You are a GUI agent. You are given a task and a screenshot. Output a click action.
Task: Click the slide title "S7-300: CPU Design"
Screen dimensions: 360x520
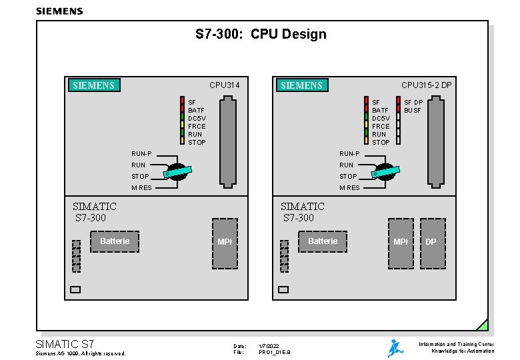coord(261,34)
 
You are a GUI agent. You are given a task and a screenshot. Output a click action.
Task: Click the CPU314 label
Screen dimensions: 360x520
coord(224,85)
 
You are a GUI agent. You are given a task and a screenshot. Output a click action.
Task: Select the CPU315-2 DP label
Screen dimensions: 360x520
coord(426,85)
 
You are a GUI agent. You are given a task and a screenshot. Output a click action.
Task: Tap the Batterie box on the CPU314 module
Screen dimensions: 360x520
coord(115,241)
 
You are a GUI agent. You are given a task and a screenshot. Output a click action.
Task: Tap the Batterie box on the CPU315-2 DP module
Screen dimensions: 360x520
coord(323,241)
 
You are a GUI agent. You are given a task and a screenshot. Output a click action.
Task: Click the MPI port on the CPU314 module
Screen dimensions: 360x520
coord(225,243)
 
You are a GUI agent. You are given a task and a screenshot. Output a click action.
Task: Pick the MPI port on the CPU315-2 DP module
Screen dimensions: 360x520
coord(401,243)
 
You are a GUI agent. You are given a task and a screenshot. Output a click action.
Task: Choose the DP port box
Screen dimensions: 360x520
coord(431,243)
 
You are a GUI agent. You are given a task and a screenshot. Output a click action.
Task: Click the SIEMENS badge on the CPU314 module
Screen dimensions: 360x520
coord(95,85)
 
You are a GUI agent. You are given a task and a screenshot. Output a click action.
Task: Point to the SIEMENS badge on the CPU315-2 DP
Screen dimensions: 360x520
coord(302,85)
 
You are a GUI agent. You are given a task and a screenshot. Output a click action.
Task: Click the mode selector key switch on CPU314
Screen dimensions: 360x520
coord(179,171)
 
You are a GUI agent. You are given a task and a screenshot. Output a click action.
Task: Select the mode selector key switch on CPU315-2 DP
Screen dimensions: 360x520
coord(387,171)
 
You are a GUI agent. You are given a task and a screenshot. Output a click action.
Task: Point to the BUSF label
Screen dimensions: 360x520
coord(413,111)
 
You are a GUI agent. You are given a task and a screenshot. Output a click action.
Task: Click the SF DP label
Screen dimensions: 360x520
coord(413,103)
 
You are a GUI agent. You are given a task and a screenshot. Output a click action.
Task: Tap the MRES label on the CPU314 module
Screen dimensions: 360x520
coord(141,188)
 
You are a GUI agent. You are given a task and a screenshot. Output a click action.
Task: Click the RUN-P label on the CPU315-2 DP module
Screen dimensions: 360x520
coord(349,154)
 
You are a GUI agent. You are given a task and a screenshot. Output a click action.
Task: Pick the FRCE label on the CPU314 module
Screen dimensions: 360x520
coord(197,127)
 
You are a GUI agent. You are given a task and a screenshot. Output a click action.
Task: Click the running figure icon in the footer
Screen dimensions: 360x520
coord(396,348)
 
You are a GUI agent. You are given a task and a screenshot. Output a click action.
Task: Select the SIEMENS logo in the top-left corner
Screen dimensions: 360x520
coord(59,11)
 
